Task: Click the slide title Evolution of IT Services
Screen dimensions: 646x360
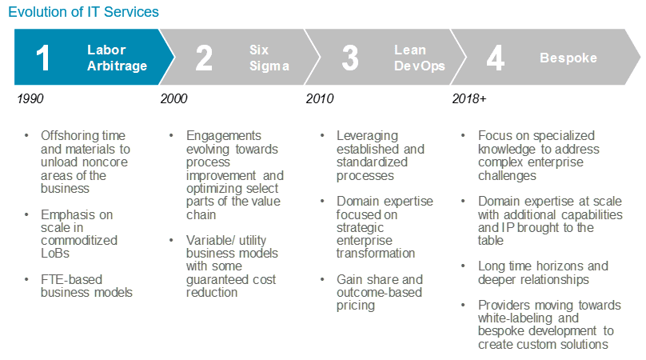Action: coord(83,12)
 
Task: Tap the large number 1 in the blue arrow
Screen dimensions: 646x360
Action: coord(43,58)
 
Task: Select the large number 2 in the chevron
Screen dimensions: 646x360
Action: coord(204,58)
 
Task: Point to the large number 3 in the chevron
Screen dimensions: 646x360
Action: coord(350,58)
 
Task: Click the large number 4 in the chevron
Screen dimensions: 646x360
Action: coord(496,58)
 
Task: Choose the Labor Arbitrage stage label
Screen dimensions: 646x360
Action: coord(117,58)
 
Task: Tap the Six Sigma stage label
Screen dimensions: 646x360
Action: coord(269,58)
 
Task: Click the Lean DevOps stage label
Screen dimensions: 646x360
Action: coord(420,58)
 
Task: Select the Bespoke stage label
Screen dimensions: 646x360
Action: coord(568,58)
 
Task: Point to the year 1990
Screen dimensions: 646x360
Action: coord(30,98)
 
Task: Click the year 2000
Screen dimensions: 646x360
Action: coord(173,98)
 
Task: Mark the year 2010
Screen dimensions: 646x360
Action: coord(320,98)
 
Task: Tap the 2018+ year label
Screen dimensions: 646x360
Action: coord(469,98)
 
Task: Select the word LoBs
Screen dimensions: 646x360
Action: coord(55,253)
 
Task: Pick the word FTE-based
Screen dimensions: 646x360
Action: coord(71,279)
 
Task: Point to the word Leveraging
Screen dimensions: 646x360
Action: coord(367,136)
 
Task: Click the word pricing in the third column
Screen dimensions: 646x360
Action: coord(356,306)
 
